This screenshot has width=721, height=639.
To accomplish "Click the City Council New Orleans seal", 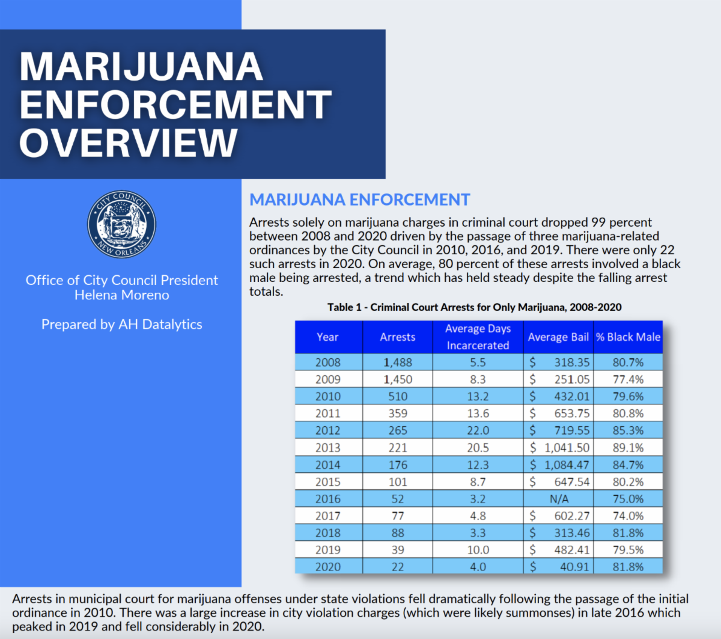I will (122, 225).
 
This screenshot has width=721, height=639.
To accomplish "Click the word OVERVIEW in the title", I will (129, 142).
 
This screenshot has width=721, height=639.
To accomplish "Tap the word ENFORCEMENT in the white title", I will (175, 104).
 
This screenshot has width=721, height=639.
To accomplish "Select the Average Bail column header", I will (558, 337).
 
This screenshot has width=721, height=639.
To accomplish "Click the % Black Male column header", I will (628, 337).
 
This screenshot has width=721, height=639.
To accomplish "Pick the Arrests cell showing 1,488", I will (398, 362).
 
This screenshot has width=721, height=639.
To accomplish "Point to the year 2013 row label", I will (328, 448).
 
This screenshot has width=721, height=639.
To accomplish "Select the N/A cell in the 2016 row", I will (559, 499).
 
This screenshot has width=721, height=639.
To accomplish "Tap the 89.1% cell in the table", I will (628, 448).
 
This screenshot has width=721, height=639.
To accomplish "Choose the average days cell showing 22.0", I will (478, 430).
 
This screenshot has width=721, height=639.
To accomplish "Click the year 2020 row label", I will (328, 567).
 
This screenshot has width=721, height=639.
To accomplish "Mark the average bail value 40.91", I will (574, 567).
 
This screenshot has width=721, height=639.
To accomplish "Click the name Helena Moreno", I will (122, 295).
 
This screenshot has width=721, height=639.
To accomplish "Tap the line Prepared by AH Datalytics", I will (122, 325).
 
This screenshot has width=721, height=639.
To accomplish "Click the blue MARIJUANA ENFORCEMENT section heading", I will (360, 200).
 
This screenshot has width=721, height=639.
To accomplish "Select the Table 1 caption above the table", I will (475, 307).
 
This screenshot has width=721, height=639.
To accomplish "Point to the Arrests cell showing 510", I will (398, 397).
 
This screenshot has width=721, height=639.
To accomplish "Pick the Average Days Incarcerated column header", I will (478, 337).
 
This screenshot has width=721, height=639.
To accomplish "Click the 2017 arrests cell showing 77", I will (398, 516).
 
